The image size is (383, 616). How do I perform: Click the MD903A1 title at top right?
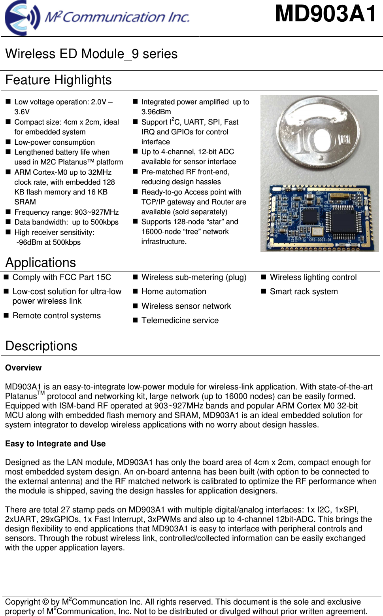(x=326, y=14)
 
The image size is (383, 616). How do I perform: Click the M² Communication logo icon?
(x=22, y=18)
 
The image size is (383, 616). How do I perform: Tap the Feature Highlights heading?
(x=58, y=80)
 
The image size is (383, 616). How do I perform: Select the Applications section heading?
(x=41, y=263)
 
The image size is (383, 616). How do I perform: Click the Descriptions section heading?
(x=42, y=346)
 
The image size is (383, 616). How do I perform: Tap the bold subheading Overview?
(x=23, y=368)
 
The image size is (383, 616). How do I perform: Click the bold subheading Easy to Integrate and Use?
(x=55, y=444)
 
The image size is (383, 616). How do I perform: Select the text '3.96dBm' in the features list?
(x=156, y=112)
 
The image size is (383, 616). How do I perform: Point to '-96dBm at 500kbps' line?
(x=48, y=242)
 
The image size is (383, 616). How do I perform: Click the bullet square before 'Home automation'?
(x=135, y=291)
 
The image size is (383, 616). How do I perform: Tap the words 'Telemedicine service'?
(x=180, y=320)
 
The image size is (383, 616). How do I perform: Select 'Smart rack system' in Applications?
(x=304, y=291)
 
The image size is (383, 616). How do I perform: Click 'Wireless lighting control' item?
(x=313, y=277)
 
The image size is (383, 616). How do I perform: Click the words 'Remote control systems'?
(x=57, y=316)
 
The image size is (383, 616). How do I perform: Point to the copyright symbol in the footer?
(x=45, y=602)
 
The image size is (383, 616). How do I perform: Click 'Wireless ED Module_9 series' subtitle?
(x=91, y=54)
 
